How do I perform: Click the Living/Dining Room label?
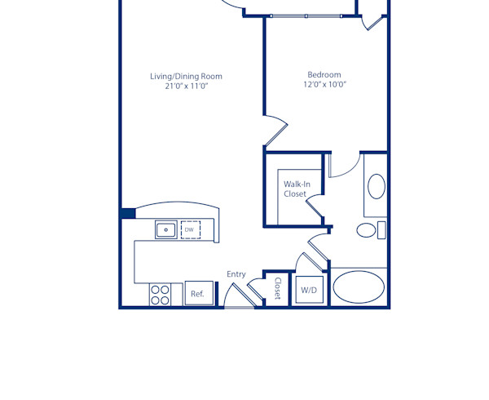(186, 77)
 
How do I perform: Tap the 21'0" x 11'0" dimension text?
(186, 87)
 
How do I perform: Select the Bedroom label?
(324, 74)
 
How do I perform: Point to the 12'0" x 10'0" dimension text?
(324, 84)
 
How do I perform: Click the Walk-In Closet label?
(295, 189)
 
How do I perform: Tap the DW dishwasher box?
(190, 229)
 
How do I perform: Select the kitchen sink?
(166, 229)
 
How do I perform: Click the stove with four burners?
(160, 294)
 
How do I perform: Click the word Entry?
(236, 274)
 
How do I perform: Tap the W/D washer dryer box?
(309, 290)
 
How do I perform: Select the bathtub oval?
(359, 288)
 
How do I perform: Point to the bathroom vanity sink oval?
(377, 187)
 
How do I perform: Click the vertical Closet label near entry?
(277, 289)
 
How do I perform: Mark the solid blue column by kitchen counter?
(128, 213)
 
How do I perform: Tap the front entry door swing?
(238, 300)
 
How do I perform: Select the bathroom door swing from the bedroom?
(343, 164)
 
